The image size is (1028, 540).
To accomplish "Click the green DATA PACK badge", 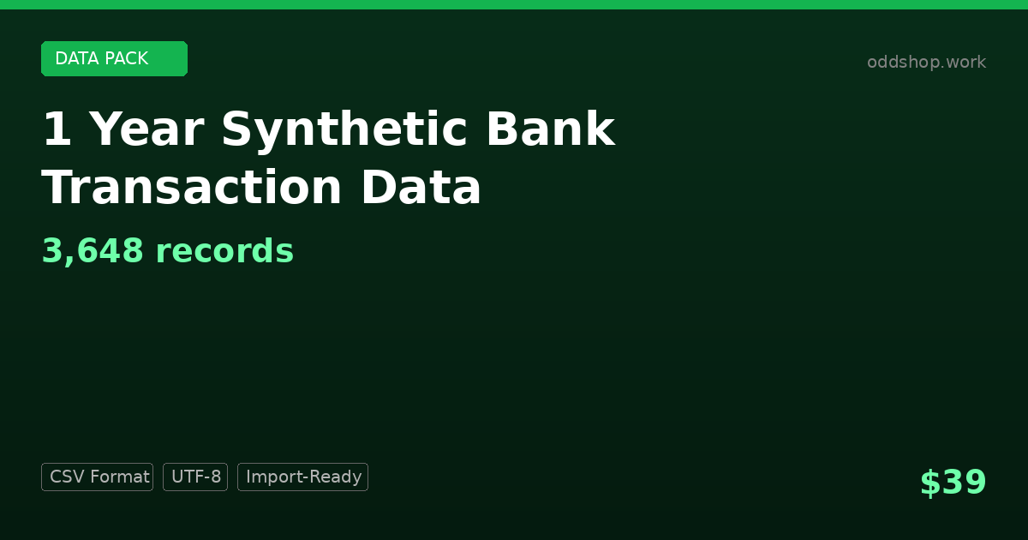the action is (114, 59).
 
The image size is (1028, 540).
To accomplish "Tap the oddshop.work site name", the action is (926, 62).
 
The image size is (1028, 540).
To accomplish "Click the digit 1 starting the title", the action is (57, 129).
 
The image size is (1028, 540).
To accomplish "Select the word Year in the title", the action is (146, 129).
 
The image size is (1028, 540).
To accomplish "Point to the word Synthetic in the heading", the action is (344, 132).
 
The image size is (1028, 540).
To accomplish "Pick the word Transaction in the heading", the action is (191, 188).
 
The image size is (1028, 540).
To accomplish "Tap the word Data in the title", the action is (421, 187).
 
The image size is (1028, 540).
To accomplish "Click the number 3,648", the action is (93, 251).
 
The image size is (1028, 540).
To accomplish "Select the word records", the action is (224, 251).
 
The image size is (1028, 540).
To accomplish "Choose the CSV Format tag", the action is (98, 477).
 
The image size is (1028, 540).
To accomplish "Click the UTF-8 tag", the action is (195, 477).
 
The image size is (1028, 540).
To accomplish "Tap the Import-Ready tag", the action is (303, 477).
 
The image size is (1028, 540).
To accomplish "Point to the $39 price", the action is (953, 482).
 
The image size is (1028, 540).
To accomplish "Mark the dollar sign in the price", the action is (930, 483).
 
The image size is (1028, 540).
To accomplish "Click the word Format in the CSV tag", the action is (120, 477).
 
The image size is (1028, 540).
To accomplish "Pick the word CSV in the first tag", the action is (68, 477).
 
